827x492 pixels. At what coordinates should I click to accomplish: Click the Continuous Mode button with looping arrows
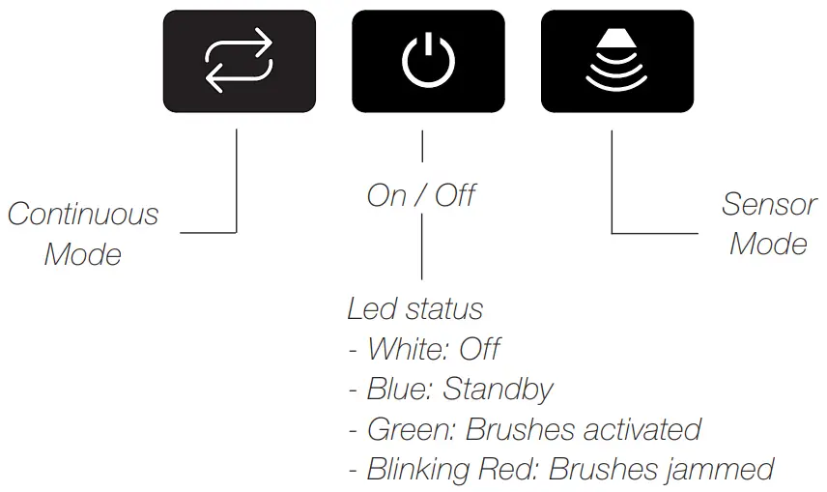[240, 62]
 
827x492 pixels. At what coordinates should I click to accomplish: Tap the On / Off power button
[428, 62]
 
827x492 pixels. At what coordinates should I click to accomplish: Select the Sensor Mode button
[616, 62]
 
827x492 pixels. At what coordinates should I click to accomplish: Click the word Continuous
[83, 214]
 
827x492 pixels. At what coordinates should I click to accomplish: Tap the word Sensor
[769, 205]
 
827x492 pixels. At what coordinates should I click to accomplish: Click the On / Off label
[421, 195]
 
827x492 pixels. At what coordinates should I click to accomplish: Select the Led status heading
[415, 309]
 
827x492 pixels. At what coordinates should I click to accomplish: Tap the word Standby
[499, 391]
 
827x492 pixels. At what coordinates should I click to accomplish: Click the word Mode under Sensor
[768, 244]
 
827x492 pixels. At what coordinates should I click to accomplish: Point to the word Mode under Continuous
[83, 255]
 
